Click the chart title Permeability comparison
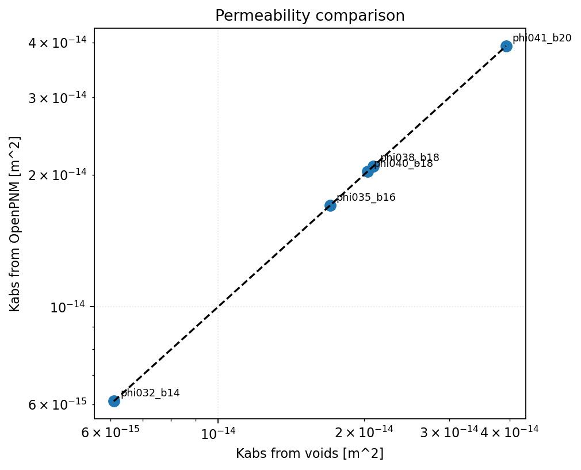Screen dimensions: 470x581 click(x=309, y=16)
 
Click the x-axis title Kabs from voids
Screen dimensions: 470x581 click(x=309, y=454)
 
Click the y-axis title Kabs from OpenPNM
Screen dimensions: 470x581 click(x=16, y=224)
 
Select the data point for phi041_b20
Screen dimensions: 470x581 click(x=506, y=46)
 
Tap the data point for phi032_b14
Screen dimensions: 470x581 click(x=114, y=401)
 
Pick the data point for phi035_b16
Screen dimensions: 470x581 click(x=330, y=205)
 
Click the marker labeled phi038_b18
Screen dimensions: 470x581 click(x=373, y=166)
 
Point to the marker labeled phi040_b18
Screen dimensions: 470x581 click(x=368, y=171)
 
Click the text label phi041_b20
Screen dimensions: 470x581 click(x=542, y=39)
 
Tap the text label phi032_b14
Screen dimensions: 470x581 click(x=150, y=393)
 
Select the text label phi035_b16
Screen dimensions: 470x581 click(x=366, y=198)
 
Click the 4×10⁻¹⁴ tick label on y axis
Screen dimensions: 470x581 click(x=53, y=43)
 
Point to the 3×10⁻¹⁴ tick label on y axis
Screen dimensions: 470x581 click(x=53, y=98)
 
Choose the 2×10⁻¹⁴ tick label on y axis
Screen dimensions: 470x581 click(x=53, y=175)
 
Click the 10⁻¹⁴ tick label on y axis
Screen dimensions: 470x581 click(x=68, y=307)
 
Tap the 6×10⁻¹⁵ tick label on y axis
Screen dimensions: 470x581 click(x=53, y=405)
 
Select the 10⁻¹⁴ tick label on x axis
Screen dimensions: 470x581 click(x=217, y=431)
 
